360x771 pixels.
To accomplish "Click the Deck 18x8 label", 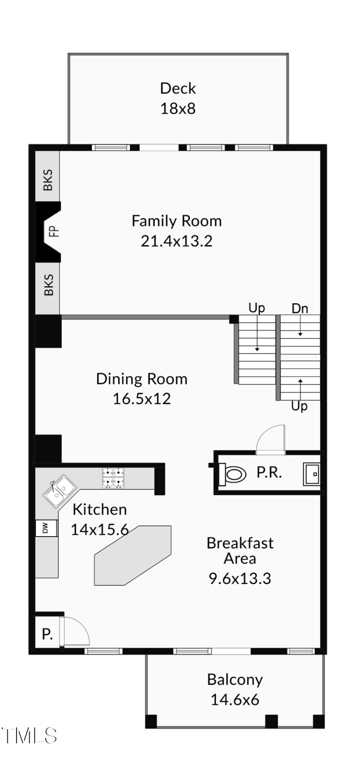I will coord(178,98).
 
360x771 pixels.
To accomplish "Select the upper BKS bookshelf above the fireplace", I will coord(48,179).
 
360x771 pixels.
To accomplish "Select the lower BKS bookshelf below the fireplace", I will coord(48,285).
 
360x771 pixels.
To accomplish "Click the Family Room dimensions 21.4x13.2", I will coord(176,241).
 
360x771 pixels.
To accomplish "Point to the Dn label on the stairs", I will coord(300,309).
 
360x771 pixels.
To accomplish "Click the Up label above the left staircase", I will coord(256,308).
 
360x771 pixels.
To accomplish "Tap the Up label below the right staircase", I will coord(299,406).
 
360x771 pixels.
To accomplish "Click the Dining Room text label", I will coord(142,379).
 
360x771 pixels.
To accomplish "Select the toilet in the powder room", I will coord(234,474).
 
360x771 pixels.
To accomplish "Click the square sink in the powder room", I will coord(312,474).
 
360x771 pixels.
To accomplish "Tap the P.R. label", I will coord(269,472).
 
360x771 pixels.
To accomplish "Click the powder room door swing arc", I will coord(271,439).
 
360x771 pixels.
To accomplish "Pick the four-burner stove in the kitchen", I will coord(113,478).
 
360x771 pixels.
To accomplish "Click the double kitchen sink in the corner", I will coord(60,491).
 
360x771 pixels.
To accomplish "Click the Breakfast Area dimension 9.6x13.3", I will coord(240,578).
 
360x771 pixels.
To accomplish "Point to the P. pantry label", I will coord(47,634).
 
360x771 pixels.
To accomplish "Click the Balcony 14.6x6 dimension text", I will coord(234,699).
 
